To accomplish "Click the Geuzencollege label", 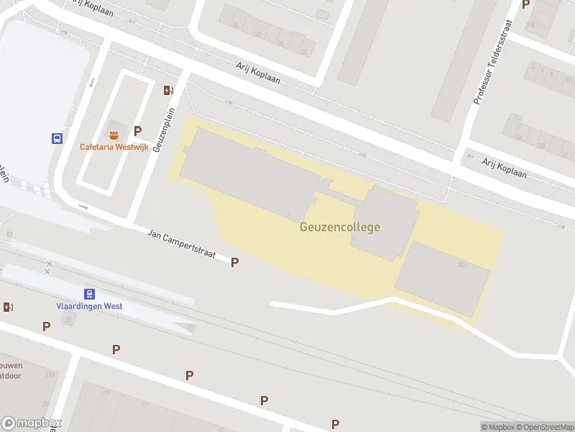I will [x=340, y=227].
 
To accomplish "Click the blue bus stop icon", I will [x=56, y=138].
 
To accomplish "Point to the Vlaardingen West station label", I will [x=89, y=306].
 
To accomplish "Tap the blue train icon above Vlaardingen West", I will [x=89, y=293].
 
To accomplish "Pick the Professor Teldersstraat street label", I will [x=495, y=63].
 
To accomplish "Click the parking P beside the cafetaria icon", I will [x=137, y=131].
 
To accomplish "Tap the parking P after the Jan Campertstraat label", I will [x=234, y=263].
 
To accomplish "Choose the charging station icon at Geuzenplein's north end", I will [x=168, y=90].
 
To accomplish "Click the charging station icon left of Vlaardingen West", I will [x=8, y=307].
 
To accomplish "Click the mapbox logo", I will [x=32, y=423].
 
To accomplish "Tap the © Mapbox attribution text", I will [x=497, y=427].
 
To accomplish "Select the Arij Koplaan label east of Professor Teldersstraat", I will [x=505, y=168].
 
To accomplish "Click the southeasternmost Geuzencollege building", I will [x=442, y=277].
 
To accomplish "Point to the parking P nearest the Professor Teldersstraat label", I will [x=525, y=4].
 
